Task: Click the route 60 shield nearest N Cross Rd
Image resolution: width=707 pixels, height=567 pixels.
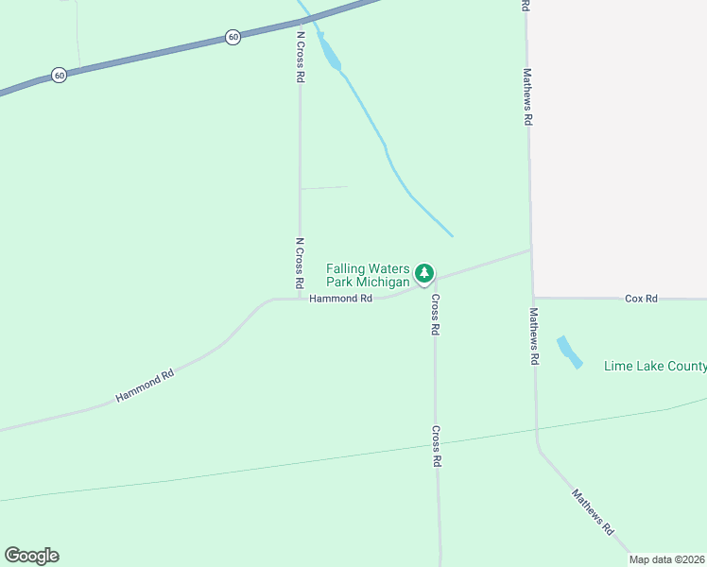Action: click(233, 37)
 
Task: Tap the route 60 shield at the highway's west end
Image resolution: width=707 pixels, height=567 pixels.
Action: click(60, 76)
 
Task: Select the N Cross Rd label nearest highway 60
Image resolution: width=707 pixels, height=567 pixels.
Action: click(300, 58)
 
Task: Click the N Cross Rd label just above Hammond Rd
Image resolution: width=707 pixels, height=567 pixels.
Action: click(299, 263)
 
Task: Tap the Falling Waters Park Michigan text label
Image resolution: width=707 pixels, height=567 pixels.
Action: click(368, 275)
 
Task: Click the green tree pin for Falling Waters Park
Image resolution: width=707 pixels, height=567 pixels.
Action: click(425, 274)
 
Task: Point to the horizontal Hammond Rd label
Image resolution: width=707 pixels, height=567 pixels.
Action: click(340, 299)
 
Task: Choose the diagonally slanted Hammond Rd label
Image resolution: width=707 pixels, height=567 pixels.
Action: click(146, 387)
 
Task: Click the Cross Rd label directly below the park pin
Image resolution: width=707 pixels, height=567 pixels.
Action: click(436, 316)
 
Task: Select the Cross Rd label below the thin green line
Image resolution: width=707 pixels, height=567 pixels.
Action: click(437, 447)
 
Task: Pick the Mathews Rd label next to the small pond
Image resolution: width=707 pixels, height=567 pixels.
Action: click(534, 336)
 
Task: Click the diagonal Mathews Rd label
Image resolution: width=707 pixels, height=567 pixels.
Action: click(594, 512)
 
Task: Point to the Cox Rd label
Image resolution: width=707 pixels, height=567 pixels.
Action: click(641, 299)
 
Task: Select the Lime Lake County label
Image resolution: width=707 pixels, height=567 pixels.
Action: click(655, 367)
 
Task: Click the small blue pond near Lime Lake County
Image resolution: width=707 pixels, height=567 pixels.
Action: click(569, 352)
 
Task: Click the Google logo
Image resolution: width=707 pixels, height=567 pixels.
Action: click(32, 556)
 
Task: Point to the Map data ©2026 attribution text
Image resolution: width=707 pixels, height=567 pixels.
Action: click(667, 559)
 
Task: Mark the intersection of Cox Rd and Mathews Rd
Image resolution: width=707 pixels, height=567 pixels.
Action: click(534, 298)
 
